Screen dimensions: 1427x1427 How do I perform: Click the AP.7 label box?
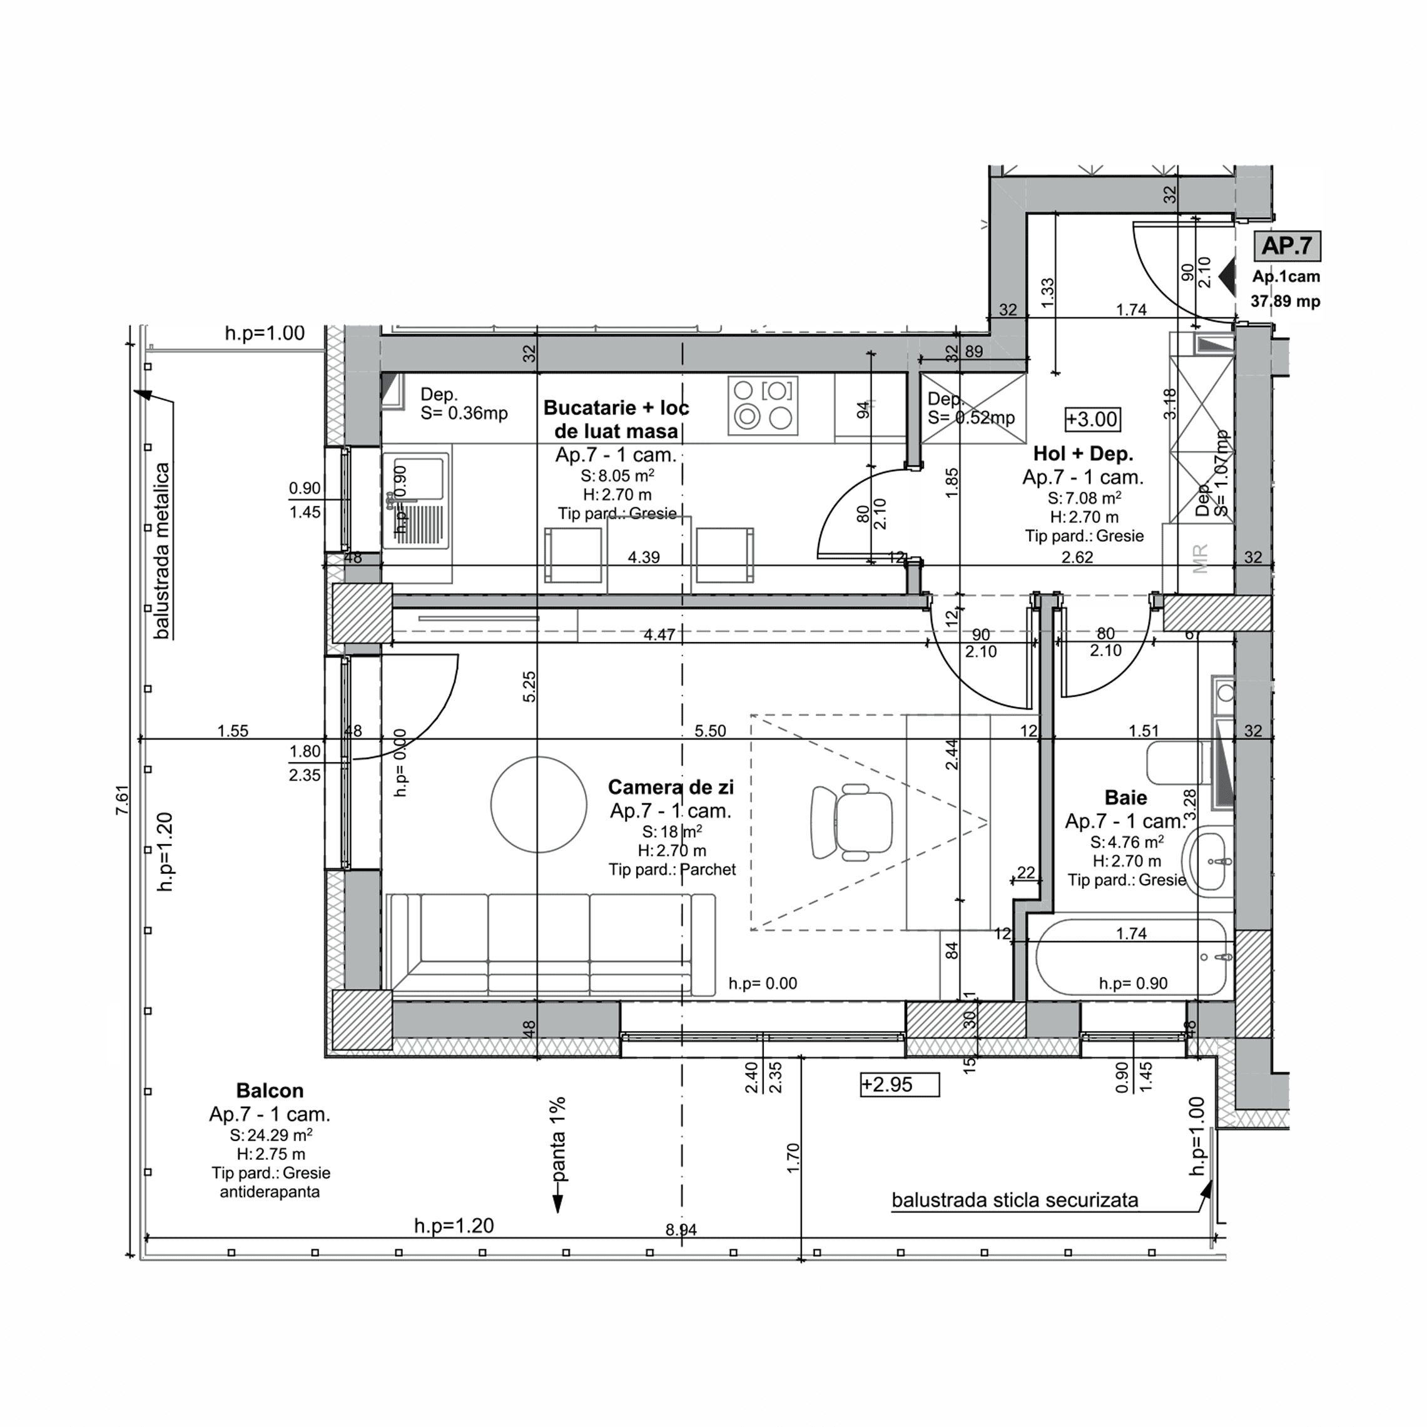click(1286, 246)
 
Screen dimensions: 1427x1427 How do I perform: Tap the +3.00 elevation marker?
click(1092, 420)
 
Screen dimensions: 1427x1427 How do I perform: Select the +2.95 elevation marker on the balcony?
click(899, 1084)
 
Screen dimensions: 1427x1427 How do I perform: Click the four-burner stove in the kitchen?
click(763, 405)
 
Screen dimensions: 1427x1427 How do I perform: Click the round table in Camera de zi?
click(539, 805)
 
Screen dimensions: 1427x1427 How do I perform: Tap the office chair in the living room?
click(851, 822)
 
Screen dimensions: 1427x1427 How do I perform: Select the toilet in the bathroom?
click(1178, 763)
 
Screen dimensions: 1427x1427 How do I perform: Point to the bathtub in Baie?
click(1130, 957)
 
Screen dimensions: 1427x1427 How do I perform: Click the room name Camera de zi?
click(670, 788)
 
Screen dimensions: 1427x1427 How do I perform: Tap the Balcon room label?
click(270, 1090)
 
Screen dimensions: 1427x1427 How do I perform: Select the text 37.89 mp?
click(1285, 302)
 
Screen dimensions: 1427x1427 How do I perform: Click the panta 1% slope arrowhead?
click(557, 1206)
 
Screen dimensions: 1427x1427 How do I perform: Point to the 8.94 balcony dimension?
click(680, 1230)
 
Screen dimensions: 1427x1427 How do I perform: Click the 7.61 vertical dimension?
click(123, 800)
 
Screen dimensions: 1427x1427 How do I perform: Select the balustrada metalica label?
click(163, 551)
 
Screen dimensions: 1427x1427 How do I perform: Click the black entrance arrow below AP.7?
click(1227, 277)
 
